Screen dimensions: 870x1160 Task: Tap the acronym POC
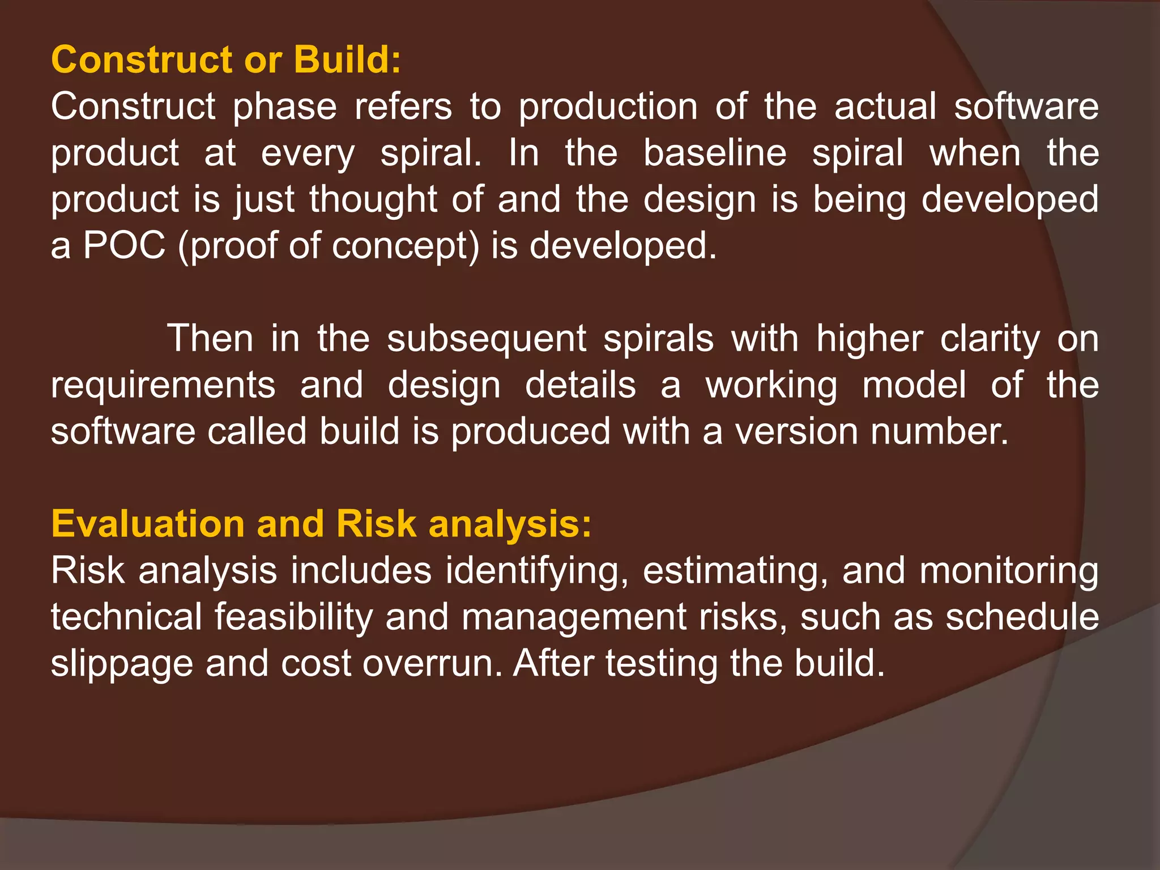point(125,246)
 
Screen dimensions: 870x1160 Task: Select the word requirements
point(163,386)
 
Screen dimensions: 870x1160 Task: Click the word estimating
point(735,572)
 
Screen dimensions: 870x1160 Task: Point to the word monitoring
point(1009,572)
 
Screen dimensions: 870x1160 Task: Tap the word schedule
point(1022,617)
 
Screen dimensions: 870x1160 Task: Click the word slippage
point(122,664)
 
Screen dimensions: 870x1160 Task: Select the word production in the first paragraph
point(608,107)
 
